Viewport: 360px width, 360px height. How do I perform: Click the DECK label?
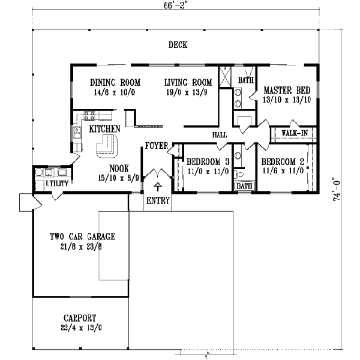pos(178,45)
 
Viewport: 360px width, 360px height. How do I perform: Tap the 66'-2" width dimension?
pos(174,5)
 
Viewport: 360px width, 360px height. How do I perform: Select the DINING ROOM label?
pos(115,82)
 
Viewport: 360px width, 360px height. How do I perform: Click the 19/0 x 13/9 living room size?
pos(187,92)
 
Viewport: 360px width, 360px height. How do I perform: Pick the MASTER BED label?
pos(287,91)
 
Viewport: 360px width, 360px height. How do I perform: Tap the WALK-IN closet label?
pos(295,133)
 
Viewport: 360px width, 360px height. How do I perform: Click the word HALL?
pos(220,135)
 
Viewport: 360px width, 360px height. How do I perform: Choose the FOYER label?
pos(157,146)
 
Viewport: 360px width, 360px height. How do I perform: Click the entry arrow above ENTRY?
pos(158,187)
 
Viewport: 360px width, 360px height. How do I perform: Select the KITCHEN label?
pos(104,129)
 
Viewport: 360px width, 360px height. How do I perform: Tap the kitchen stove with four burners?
pos(89,116)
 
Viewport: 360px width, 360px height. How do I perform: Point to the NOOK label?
pos(119,169)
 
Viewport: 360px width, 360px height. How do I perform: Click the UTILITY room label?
pos(57,184)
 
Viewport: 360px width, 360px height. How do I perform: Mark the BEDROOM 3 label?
pos(208,162)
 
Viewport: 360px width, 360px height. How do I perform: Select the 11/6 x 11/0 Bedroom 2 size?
pos(283,171)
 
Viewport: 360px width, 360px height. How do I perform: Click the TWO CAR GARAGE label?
pos(82,236)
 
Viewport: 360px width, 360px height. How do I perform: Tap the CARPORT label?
pos(80,318)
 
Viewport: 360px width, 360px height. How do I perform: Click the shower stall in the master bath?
pos(225,77)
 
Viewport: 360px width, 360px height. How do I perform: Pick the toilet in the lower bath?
pos(238,175)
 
